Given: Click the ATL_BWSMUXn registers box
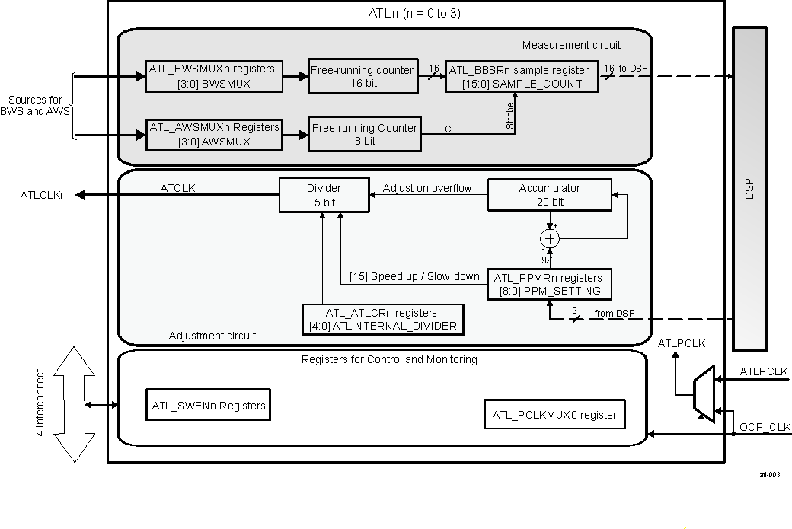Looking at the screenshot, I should point(214,76).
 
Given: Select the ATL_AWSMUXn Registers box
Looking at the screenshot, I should point(214,134).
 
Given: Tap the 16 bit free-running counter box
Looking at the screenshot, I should point(362,76).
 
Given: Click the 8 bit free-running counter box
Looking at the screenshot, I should point(364,134).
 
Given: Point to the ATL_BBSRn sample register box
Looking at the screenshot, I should point(522,76).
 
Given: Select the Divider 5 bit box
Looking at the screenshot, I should point(324,195).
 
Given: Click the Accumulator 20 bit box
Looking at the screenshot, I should point(549,195).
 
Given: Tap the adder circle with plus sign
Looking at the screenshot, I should point(550,239).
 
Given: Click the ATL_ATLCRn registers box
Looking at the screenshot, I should point(382,319).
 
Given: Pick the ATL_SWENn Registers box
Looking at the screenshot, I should point(208,406).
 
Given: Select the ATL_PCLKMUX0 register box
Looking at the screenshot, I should point(555,414).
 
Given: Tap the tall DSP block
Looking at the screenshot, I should point(749,188).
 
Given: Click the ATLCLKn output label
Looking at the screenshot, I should point(43,196).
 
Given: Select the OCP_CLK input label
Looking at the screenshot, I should point(765,427).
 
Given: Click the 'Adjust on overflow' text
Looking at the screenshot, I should point(427,188).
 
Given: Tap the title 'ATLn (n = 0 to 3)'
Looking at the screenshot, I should point(414,14).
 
